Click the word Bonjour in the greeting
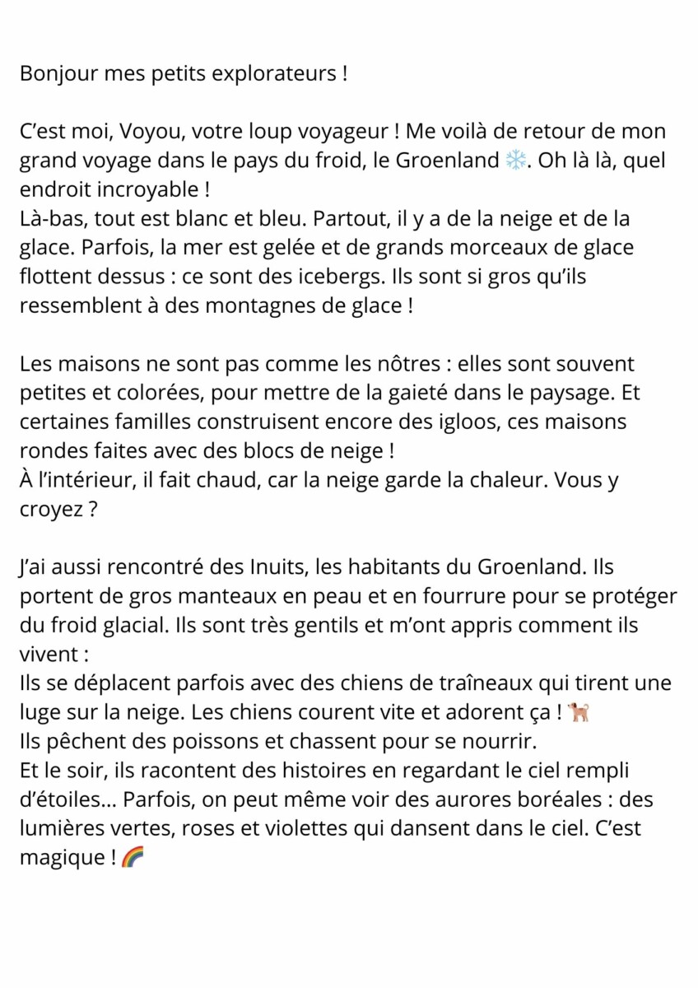(58, 73)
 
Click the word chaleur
(481, 480)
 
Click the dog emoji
(579, 712)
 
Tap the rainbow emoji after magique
(132, 858)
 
